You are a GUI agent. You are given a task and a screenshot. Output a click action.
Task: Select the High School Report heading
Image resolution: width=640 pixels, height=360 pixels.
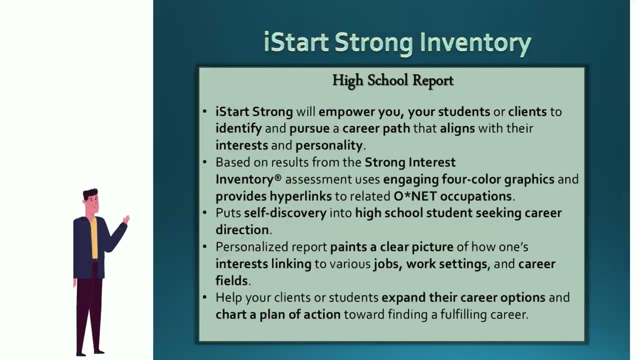[392, 80]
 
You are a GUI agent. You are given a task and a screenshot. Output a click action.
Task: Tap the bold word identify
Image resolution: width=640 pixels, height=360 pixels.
[238, 128]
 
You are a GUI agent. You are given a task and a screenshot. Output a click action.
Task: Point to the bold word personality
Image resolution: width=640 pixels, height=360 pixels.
[329, 145]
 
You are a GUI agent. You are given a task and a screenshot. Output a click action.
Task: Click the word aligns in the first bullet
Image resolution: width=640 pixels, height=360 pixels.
[457, 128]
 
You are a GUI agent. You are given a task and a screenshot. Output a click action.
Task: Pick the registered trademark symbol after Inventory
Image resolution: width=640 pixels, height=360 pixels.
[278, 178]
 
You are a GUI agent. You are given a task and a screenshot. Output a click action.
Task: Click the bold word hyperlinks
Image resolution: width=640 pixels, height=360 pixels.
[300, 196]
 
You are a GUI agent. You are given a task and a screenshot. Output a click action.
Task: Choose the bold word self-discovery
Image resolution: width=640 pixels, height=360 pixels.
[285, 213]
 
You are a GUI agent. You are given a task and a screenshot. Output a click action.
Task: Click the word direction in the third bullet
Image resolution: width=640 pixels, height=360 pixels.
[242, 230]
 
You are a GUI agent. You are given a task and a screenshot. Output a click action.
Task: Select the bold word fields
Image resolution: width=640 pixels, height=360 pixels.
[231, 281]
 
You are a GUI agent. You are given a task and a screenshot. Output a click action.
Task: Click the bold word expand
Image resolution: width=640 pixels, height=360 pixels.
[403, 297]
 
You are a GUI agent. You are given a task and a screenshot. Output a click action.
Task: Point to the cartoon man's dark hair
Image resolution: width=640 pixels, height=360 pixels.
[90, 192]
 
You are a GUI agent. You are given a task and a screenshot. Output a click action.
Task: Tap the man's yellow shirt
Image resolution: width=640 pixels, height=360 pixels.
[94, 237]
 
